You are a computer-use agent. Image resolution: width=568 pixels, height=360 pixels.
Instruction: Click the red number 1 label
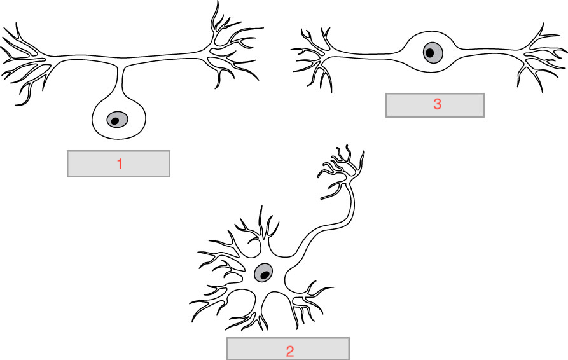119,163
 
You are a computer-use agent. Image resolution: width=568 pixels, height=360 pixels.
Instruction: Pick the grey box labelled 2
254,350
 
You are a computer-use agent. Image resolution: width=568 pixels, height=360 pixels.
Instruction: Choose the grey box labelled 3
407,105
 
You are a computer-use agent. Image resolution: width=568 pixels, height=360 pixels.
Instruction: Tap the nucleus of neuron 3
433,53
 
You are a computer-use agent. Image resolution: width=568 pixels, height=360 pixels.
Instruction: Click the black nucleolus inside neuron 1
116,120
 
